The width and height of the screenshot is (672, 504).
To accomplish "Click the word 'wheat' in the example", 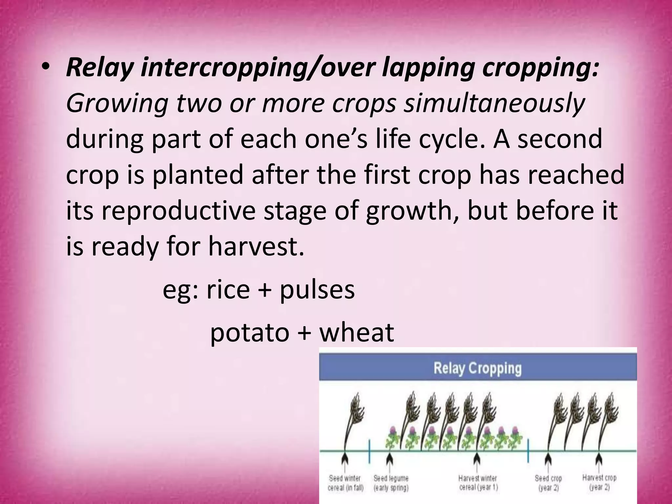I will (357, 332).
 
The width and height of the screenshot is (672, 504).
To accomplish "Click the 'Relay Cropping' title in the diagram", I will (477, 368).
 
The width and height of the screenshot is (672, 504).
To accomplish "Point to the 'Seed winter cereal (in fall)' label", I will (346, 483).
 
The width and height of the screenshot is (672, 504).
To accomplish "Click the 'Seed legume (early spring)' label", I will (390, 483).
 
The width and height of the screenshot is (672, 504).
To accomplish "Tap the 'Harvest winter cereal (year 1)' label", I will (478, 483).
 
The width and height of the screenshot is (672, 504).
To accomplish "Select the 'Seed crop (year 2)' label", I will (548, 483).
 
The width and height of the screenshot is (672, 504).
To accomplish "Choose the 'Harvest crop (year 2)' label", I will (599, 482).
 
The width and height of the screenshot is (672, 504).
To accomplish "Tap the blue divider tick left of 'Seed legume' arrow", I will (370, 451).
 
